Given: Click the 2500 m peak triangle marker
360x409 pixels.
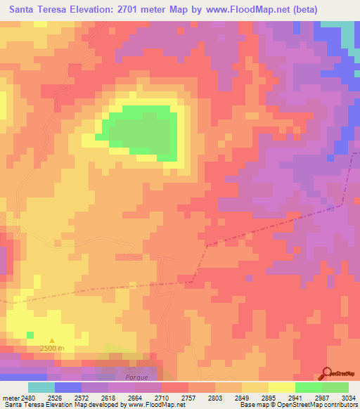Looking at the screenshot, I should (51, 342).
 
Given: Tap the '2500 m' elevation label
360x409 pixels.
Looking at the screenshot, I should (51, 349).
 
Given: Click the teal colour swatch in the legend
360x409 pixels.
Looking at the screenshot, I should (41, 387).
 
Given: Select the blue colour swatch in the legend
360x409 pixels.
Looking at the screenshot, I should (68, 387).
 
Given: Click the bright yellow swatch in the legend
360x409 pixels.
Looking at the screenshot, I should (282, 387).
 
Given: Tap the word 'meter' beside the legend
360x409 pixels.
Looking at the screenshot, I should (10, 397).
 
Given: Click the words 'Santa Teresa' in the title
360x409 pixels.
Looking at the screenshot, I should (37, 10).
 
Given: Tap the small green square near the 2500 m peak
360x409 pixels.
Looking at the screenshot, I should (30, 334).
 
